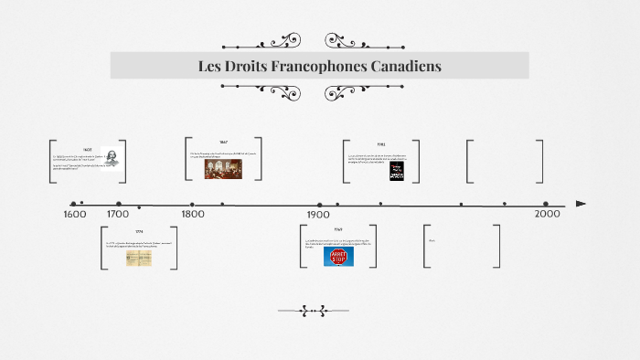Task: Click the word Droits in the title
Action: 246,67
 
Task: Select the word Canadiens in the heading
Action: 403,67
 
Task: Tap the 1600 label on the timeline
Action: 75,215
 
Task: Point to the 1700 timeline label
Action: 118,215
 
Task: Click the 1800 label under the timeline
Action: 192,215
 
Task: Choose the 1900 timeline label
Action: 318,215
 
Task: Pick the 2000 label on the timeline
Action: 547,214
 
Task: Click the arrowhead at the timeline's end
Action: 581,204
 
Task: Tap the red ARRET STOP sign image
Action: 339,257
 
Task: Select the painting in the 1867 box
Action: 223,167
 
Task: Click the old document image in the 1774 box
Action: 139,258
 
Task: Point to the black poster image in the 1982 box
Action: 396,171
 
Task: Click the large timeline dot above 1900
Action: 319,205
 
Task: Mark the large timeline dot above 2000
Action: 546,205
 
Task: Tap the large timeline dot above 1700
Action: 119,205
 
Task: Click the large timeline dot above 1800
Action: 192,205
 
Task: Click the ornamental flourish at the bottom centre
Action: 319,311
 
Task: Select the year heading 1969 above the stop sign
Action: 337,229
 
